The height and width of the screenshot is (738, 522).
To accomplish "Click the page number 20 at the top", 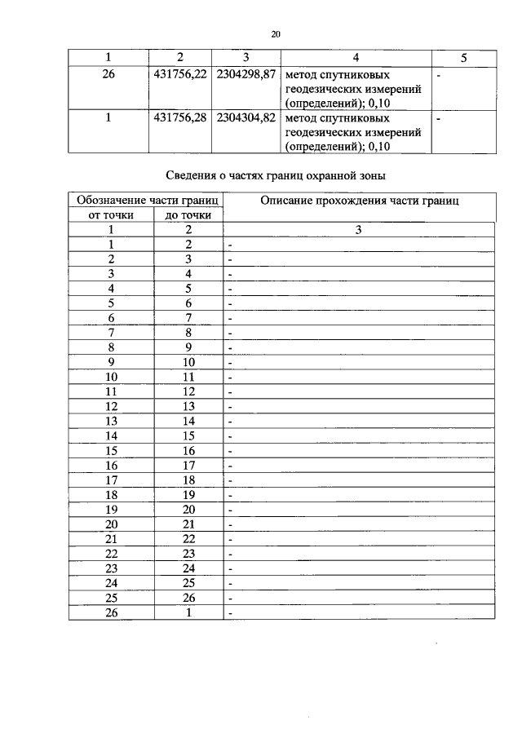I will point(275,33).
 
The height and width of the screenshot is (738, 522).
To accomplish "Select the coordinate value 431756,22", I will point(179,74).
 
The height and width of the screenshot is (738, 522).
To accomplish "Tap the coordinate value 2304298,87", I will point(246,74).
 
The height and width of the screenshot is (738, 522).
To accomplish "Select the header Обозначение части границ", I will point(144,201).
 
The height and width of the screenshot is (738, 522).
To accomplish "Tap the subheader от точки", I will point(110,215).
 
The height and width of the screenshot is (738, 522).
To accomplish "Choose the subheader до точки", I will point(188,215).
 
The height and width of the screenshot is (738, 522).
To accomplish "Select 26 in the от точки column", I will point(110,612).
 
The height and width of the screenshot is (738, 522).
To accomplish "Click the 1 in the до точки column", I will point(188,612).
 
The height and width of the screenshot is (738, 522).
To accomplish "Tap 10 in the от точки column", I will point(110,377).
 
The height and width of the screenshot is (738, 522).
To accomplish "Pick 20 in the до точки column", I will point(188,509).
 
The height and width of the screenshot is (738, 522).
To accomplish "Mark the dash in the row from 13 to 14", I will point(231,422).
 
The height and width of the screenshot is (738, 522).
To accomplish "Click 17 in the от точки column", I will point(110,479).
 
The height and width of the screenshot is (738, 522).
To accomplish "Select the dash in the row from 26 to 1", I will point(231,614).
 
